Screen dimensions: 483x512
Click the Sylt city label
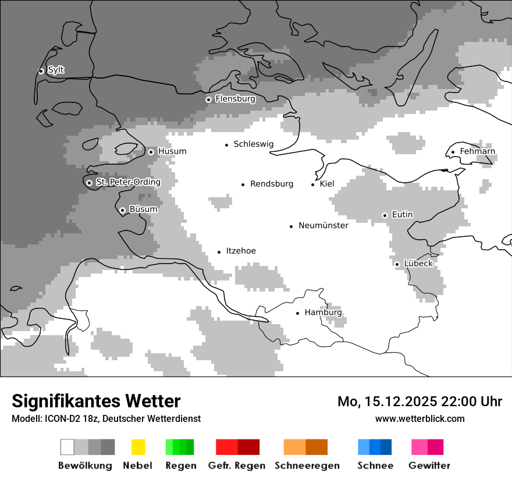click(56, 70)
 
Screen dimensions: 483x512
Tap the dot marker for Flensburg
click(208, 100)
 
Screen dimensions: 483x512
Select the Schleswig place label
click(253, 144)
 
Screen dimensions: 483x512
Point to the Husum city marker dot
click(151, 152)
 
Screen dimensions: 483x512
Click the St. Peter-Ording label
click(128, 183)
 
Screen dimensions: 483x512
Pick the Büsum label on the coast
click(143, 209)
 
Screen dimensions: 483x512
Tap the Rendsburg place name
click(271, 184)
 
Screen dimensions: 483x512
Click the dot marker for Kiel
click(313, 184)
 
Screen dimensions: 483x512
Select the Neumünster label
click(323, 226)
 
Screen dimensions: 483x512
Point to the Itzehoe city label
click(240, 251)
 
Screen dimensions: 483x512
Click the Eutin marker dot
click(385, 215)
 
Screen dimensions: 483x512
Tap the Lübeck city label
click(418, 264)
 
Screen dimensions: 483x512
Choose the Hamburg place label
click(323, 313)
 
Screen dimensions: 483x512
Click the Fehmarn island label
click(477, 152)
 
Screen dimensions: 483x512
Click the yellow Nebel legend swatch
click(138, 447)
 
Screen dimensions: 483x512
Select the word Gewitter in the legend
click(429, 466)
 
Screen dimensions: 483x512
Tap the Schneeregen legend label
click(307, 466)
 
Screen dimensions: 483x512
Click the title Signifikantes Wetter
click(96, 401)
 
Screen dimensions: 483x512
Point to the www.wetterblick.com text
click(419, 419)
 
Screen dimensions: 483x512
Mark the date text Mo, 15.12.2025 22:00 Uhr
click(419, 402)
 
